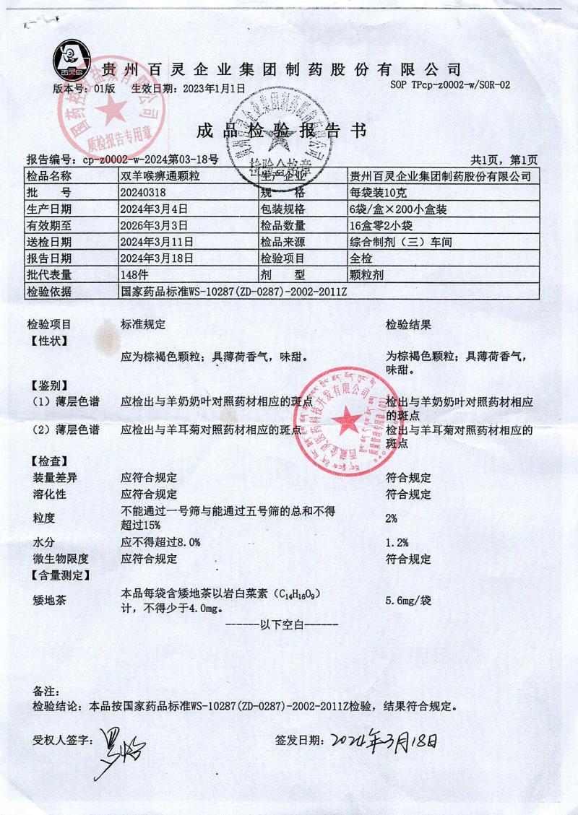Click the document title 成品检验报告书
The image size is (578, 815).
tap(282, 131)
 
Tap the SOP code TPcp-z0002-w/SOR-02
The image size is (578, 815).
tap(450, 84)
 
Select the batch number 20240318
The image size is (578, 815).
tap(146, 193)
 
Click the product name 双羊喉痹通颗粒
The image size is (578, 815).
tap(161, 176)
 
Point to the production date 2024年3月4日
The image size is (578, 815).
tap(155, 209)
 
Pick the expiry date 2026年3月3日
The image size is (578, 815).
tap(155, 226)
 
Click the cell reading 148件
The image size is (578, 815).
tap(139, 275)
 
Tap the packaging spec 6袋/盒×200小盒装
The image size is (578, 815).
tap(396, 209)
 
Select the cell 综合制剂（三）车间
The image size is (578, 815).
tap(400, 243)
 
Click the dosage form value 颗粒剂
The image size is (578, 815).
tap(367, 275)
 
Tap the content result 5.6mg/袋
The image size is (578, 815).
tap(409, 600)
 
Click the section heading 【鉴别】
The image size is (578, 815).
tap(48, 385)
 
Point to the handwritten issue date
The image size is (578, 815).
tap(384, 739)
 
